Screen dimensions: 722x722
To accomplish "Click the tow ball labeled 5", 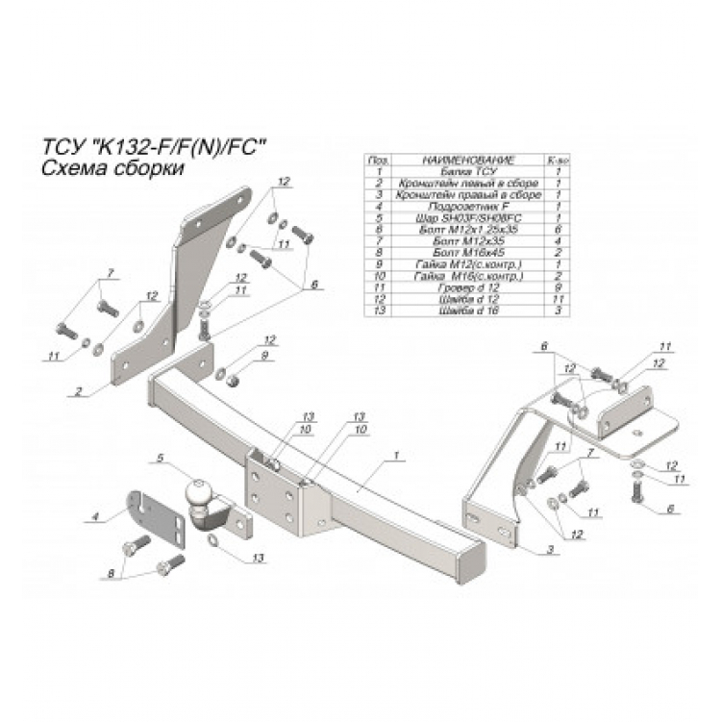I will [x=199, y=492].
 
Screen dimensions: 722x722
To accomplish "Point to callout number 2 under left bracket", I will [x=77, y=392].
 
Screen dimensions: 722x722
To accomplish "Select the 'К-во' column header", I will [x=559, y=160].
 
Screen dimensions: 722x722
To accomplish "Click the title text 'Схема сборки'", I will [x=99, y=167].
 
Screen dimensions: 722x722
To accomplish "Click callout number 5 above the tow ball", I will [x=161, y=458].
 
